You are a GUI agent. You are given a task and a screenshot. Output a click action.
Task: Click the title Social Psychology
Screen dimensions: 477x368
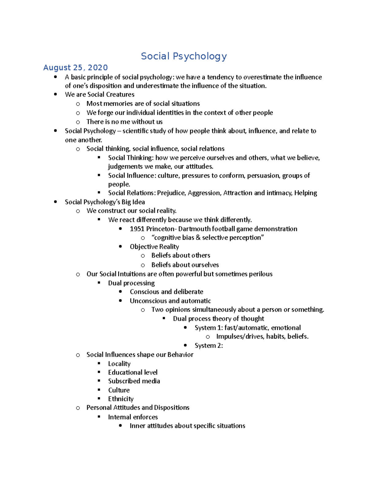click(x=184, y=56)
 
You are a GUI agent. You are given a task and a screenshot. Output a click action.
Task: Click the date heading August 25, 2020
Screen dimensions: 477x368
click(x=75, y=68)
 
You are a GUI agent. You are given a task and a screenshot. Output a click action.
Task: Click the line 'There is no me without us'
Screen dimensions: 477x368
click(x=124, y=122)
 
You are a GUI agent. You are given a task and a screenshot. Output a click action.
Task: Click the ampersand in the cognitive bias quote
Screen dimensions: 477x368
click(x=198, y=237)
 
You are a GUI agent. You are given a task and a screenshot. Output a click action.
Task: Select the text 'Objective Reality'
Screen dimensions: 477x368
click(x=154, y=247)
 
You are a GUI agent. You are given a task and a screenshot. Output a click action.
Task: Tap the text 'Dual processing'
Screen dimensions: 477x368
click(x=131, y=283)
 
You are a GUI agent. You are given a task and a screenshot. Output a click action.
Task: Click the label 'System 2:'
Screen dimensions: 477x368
click(x=209, y=346)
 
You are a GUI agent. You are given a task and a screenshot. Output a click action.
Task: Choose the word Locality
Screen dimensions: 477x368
click(x=119, y=364)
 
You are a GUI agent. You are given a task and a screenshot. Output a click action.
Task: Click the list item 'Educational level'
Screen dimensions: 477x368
click(x=133, y=372)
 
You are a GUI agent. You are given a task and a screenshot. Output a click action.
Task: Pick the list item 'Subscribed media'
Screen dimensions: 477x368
click(x=134, y=381)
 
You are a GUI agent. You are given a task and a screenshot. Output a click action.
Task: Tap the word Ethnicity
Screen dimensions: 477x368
click(x=121, y=399)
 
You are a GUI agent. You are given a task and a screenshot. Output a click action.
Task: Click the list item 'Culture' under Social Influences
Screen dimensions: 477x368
click(x=119, y=390)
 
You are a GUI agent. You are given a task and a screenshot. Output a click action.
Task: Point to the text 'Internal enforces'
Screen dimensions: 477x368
click(x=133, y=417)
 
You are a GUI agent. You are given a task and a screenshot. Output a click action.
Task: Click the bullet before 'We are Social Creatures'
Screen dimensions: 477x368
click(x=56, y=95)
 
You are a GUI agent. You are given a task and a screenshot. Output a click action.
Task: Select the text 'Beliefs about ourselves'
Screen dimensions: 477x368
click(x=185, y=265)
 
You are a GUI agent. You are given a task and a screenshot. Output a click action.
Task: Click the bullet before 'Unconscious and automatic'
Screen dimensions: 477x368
click(x=121, y=301)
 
